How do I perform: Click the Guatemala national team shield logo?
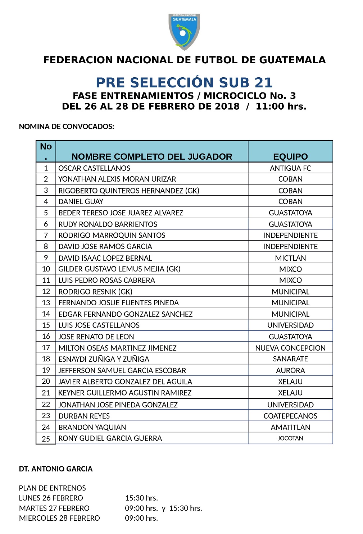[x=184, y=32]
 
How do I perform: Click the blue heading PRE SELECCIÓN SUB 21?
[x=184, y=83]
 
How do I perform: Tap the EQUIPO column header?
[x=290, y=156]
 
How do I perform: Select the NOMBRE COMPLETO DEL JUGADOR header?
[x=151, y=156]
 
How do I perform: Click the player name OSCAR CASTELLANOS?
[x=94, y=168]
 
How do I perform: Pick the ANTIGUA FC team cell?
[x=290, y=168]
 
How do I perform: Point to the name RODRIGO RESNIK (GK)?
[x=95, y=292]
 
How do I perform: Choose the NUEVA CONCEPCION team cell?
[x=290, y=348]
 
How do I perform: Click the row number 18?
[x=46, y=359]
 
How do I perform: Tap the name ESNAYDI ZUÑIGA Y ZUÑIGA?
[x=104, y=359]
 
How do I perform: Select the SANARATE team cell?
[x=290, y=359]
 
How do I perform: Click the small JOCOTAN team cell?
[x=290, y=438]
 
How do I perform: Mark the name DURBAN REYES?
[x=84, y=416]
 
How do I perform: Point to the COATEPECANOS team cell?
[x=290, y=416]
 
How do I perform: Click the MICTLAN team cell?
[x=290, y=258]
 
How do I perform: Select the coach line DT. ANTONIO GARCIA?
[x=56, y=469]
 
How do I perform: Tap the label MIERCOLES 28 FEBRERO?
[x=59, y=518]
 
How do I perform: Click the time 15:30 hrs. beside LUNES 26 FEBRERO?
[x=141, y=498]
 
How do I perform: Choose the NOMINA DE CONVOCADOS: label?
[x=67, y=127]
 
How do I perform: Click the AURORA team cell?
[x=290, y=370]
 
